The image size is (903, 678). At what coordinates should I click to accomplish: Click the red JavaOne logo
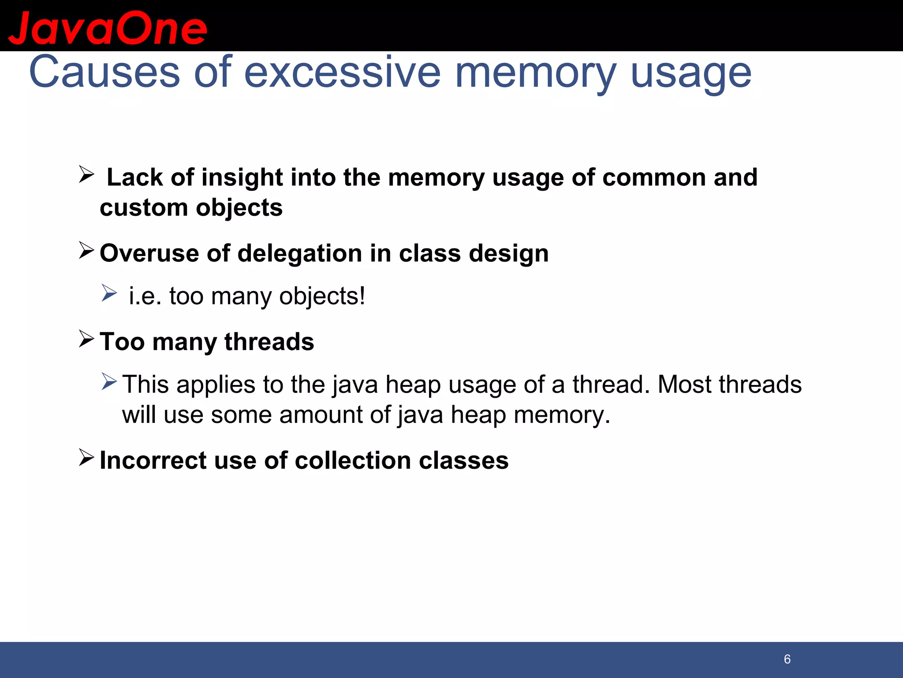(108, 28)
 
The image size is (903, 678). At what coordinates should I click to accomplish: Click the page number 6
(787, 659)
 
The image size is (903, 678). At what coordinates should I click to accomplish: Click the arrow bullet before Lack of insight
(86, 174)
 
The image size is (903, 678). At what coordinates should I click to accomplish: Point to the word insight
(242, 177)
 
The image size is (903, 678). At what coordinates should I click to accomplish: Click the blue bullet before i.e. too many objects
(109, 293)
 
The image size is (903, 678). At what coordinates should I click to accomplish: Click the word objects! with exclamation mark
(322, 296)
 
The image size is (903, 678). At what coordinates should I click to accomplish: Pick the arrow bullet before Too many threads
(86, 339)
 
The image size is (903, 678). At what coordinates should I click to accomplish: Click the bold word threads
(269, 342)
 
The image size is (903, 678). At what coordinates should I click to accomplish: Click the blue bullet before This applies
(109, 381)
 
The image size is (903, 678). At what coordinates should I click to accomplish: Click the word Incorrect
(153, 460)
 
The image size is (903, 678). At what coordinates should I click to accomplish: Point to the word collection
(353, 460)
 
